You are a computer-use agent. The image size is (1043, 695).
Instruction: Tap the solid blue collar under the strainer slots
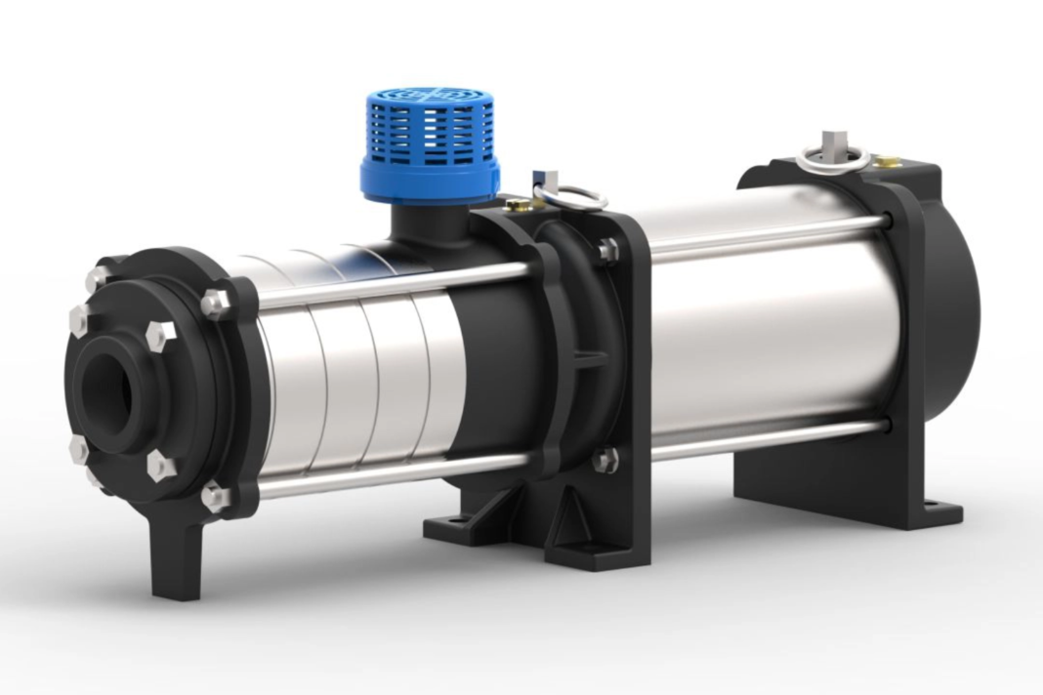click(430, 180)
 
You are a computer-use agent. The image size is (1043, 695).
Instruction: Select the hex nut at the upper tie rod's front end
click(215, 303)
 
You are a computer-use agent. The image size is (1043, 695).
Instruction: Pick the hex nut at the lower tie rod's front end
click(215, 498)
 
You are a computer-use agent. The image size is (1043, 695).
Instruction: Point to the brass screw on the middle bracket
click(519, 205)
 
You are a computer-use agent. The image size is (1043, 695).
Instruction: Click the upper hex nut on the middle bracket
click(607, 250)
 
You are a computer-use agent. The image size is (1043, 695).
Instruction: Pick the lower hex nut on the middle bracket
click(605, 458)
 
